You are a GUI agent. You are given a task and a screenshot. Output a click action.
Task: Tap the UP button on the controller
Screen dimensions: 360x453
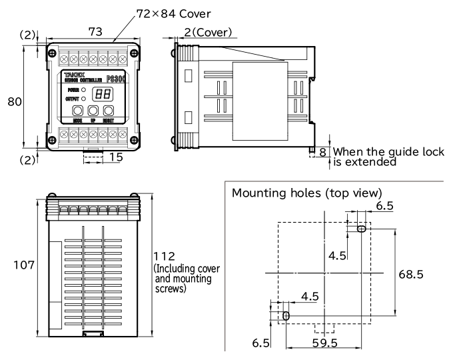point(93,110)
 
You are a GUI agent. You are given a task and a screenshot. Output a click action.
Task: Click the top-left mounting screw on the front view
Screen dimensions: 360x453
point(50,49)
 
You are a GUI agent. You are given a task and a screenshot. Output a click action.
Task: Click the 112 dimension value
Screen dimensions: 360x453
point(166,257)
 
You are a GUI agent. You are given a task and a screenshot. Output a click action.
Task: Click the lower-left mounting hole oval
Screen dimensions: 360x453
point(286,315)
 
